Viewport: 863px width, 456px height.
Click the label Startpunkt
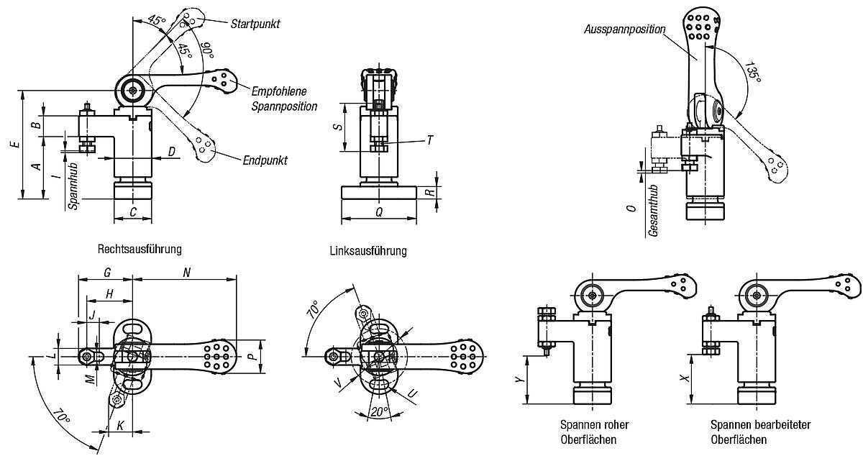tap(255, 24)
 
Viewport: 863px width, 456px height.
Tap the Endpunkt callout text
tap(265, 160)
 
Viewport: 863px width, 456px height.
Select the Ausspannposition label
tap(624, 29)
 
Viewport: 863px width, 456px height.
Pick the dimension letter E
tap(14, 145)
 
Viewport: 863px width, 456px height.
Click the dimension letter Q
tap(378, 213)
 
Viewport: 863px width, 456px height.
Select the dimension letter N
tap(187, 273)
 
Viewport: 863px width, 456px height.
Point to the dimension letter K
tap(119, 426)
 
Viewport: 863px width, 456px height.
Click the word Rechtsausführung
tap(139, 249)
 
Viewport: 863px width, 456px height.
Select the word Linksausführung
tap(367, 251)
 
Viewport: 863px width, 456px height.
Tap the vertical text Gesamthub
tap(652, 209)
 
